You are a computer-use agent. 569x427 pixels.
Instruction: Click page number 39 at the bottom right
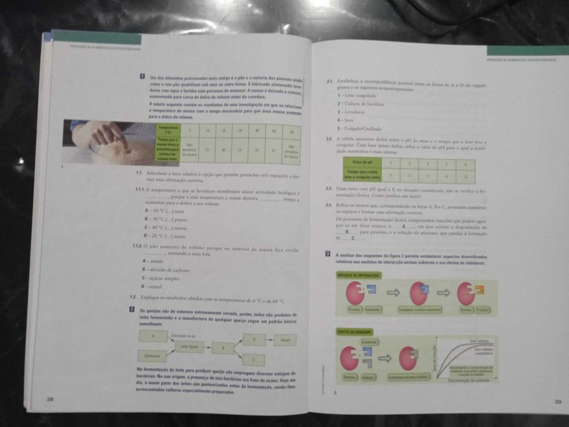click(557, 401)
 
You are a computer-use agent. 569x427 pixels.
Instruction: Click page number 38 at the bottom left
click(49, 399)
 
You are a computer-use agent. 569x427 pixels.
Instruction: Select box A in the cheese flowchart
click(155, 336)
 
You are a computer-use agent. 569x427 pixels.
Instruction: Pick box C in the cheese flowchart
click(254, 359)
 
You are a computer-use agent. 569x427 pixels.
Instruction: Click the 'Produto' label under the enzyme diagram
click(483, 310)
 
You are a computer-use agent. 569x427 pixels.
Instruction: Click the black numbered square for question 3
click(329, 253)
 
